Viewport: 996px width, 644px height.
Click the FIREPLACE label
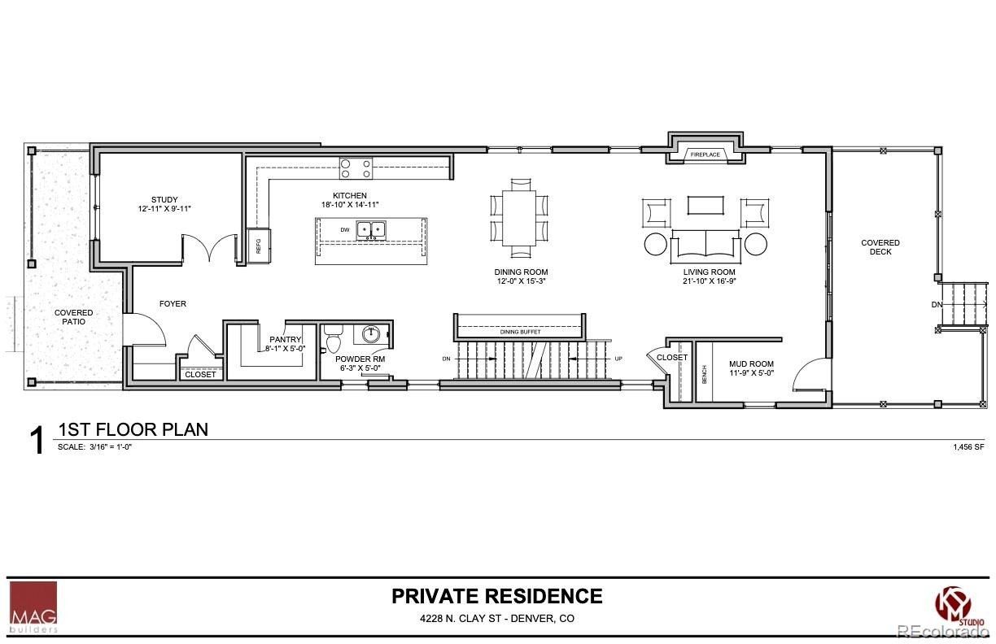[705, 154]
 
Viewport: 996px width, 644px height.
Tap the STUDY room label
[164, 200]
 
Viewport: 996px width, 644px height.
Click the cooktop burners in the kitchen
[356, 168]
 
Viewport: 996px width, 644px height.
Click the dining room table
[519, 215]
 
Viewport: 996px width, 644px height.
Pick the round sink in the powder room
[372, 333]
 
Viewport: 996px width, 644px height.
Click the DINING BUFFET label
[520, 332]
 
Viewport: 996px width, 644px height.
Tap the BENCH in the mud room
[704, 374]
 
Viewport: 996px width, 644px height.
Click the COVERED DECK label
[880, 247]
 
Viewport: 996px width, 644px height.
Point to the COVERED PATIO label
[73, 317]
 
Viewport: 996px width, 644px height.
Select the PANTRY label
[285, 340]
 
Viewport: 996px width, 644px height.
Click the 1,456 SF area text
[968, 447]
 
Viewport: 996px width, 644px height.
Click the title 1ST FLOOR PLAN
[133, 429]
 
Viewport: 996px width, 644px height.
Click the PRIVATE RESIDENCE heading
[497, 596]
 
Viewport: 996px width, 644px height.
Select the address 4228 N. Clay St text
[497, 619]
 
